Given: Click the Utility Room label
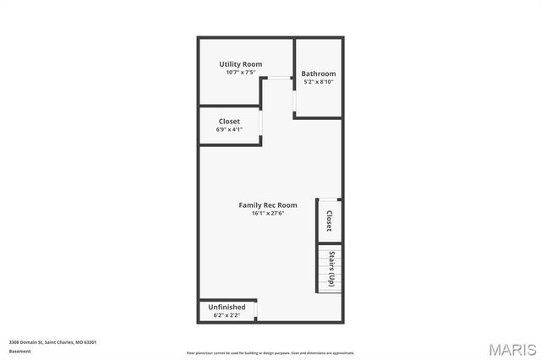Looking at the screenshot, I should (x=241, y=64).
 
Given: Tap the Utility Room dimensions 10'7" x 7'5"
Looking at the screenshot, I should (x=241, y=73).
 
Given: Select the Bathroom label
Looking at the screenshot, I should (x=319, y=74).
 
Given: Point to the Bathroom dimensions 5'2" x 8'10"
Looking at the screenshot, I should (x=319, y=82).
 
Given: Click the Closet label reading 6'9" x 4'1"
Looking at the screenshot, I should (x=230, y=122).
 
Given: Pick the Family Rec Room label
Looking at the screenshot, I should (x=268, y=205).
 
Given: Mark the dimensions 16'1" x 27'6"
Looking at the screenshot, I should (x=268, y=214).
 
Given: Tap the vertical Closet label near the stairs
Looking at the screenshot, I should (x=330, y=221).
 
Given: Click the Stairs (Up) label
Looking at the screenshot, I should (x=331, y=269).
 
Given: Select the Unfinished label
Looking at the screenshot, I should (x=227, y=307).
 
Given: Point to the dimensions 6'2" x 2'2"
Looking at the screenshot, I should (x=227, y=315).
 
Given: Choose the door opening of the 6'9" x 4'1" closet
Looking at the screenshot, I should (x=261, y=125).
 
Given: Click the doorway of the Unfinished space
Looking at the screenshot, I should (x=256, y=312).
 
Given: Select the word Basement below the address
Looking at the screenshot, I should (x=19, y=350).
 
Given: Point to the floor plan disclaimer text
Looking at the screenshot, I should (x=270, y=353).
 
